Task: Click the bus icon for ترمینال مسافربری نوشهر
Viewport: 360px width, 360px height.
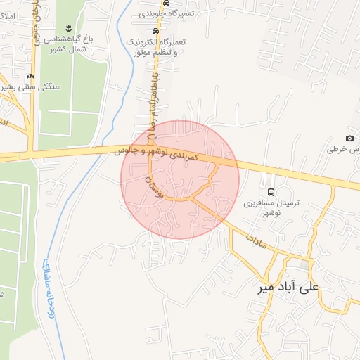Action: pyautogui.click(x=271, y=192)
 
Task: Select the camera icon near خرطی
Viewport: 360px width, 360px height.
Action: pyautogui.click(x=350, y=138)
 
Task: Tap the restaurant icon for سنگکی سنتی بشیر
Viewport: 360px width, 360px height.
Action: pyautogui.click(x=30, y=77)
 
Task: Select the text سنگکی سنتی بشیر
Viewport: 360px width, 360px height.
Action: pyautogui.click(x=31, y=87)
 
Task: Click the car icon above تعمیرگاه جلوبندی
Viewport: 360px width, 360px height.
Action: pyautogui.click(x=165, y=4)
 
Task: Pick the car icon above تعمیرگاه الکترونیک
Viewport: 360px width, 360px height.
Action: pyautogui.click(x=155, y=32)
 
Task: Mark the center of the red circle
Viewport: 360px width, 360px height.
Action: pyautogui.click(x=180, y=179)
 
